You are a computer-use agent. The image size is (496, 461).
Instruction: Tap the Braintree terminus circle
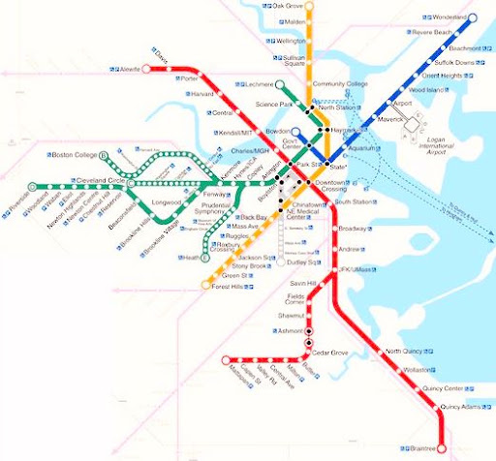441,449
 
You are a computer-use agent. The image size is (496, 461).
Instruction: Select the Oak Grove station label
290,6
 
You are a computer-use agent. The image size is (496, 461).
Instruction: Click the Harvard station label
201,94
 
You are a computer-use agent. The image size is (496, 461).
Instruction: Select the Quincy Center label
444,388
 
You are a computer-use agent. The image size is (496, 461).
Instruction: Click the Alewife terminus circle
148,70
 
